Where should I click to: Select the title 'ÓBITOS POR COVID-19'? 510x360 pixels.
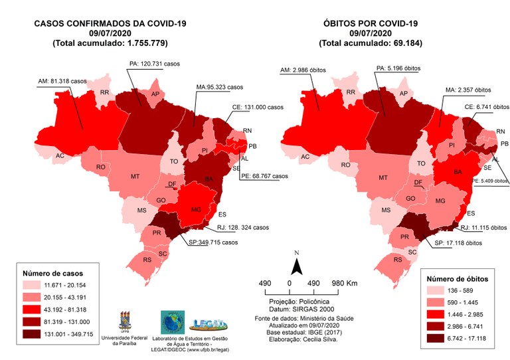tap(371, 23)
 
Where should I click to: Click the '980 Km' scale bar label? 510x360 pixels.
tap(344, 284)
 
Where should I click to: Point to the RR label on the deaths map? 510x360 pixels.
tap(351, 93)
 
